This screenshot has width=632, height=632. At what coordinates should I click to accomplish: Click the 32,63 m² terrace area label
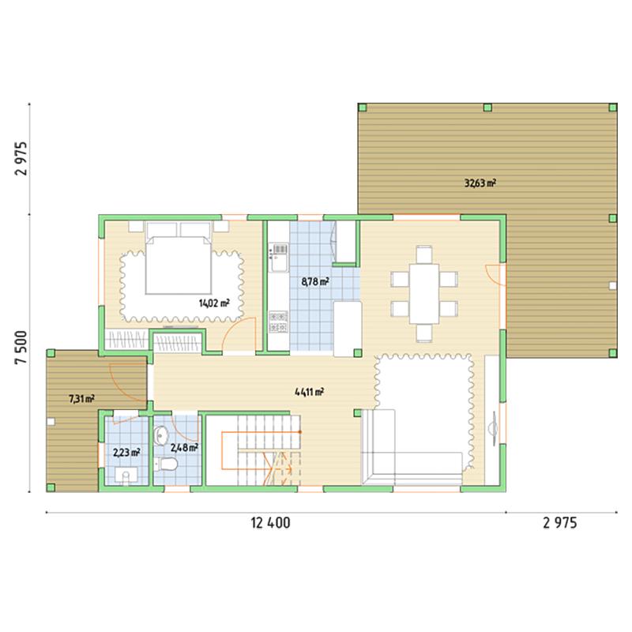480,183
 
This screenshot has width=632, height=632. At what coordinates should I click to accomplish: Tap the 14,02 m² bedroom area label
214,303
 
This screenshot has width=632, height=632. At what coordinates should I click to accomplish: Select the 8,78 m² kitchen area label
314,281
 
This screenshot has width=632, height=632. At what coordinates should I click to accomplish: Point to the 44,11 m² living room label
310,391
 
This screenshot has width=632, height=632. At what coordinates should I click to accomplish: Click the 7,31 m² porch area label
82,399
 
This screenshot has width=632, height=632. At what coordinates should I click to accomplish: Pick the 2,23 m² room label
126,452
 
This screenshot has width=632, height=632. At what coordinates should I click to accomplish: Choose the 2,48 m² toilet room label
184,447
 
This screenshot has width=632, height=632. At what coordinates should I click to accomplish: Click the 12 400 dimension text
270,523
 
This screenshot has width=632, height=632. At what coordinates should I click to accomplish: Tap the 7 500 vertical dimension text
21,347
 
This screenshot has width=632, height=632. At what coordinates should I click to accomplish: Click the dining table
424,293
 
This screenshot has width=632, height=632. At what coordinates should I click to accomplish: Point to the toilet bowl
166,465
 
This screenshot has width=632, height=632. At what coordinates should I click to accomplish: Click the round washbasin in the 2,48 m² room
161,436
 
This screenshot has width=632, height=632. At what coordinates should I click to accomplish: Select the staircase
261,450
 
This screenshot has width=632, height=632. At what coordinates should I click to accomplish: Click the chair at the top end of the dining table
424,254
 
